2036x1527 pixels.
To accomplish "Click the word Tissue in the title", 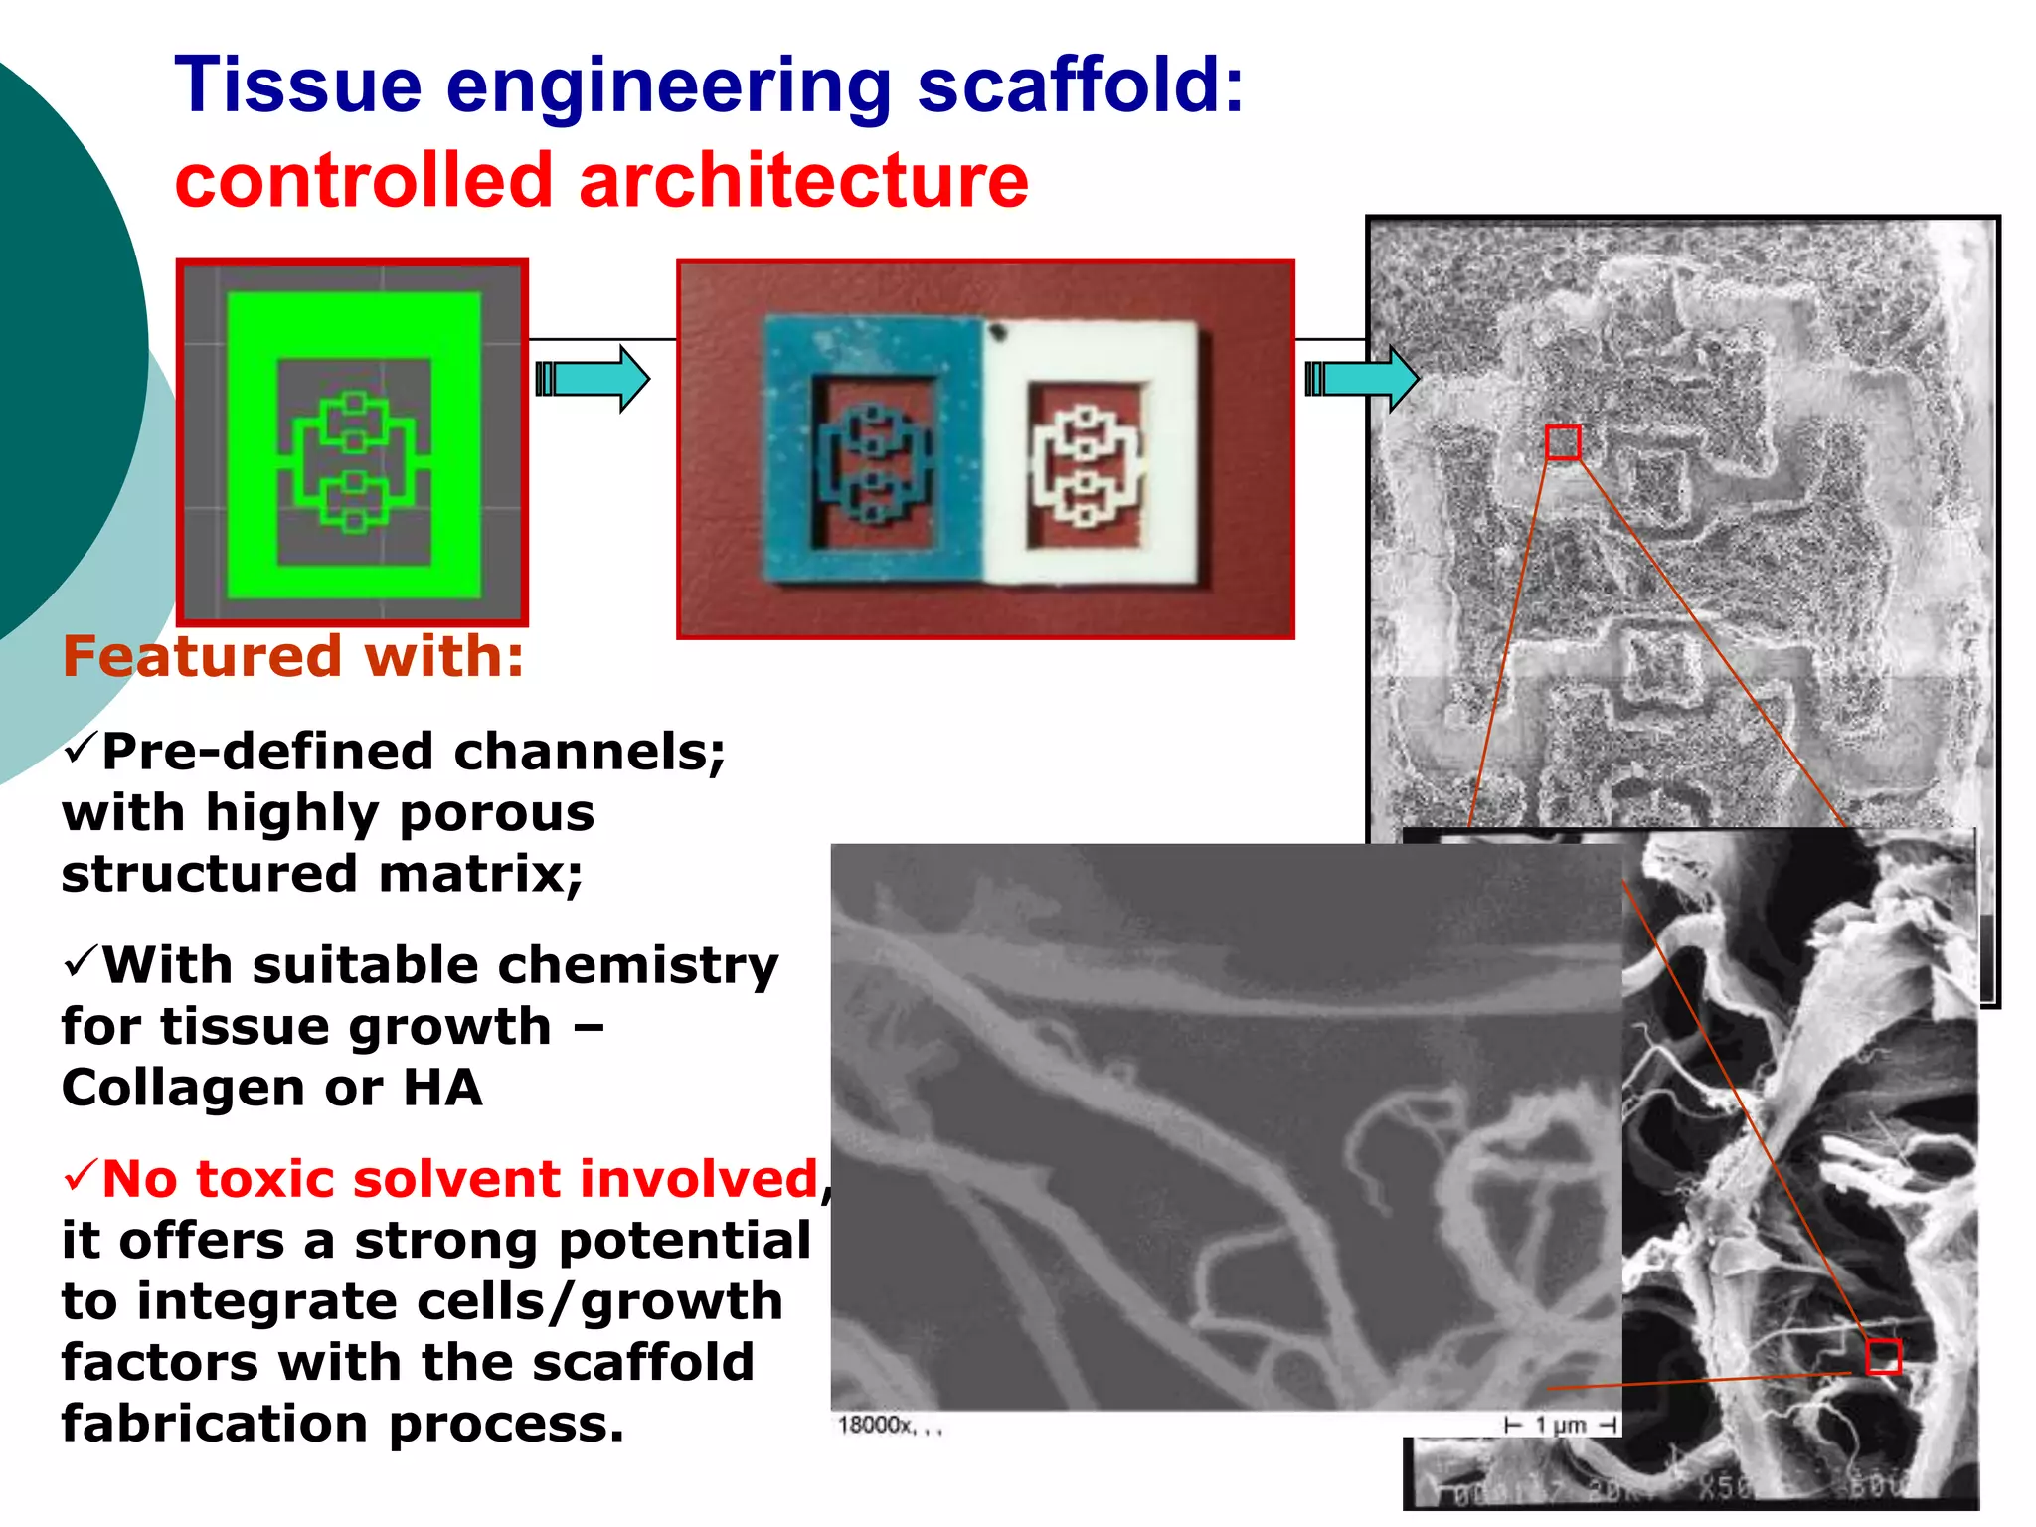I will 298,87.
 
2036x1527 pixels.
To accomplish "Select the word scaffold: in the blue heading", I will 1080,87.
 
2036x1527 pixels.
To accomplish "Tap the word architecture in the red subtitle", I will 803,181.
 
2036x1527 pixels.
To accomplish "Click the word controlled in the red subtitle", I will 363,181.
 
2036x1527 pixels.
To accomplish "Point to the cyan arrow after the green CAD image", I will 594,379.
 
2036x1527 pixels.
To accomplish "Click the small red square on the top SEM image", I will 1562,442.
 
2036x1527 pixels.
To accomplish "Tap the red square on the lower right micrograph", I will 1883,1356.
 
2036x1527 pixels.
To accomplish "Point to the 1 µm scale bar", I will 1561,1426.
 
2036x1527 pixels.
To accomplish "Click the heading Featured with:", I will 293,657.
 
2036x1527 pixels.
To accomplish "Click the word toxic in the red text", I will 261,1180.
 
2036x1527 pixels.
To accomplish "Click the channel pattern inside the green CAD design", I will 354,461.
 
